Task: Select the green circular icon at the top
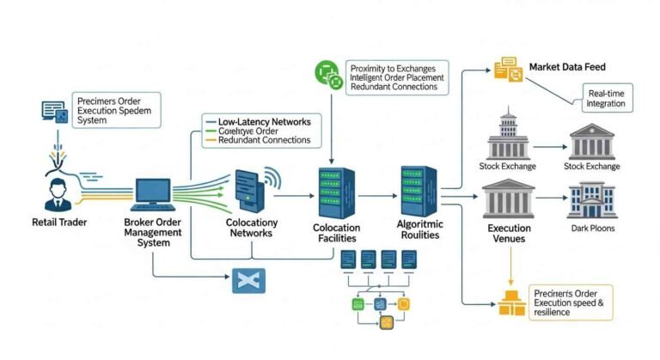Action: [329, 75]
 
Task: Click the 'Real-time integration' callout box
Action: [607, 98]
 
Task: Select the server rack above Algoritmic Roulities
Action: [418, 191]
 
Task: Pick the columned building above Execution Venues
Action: [509, 199]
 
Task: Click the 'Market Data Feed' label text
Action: [570, 66]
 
